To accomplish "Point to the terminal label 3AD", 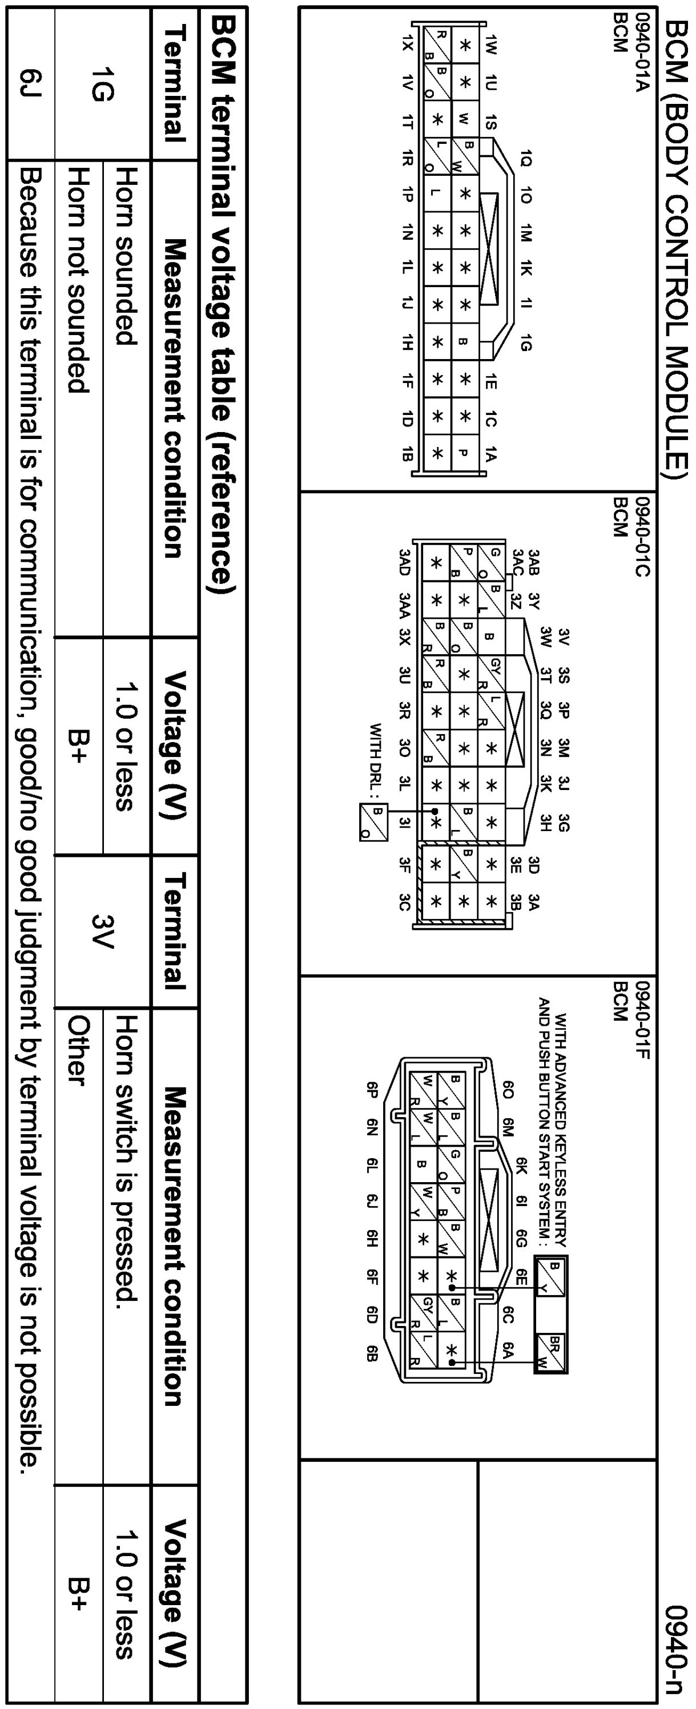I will pos(405,561).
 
